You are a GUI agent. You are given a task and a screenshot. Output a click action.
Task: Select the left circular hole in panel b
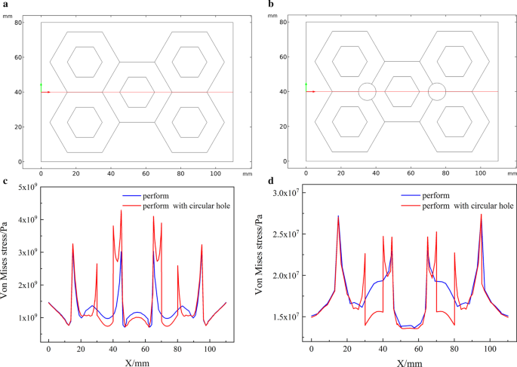(x=367, y=92)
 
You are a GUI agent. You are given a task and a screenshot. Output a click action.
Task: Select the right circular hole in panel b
(x=436, y=92)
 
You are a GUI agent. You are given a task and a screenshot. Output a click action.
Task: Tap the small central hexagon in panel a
(x=137, y=92)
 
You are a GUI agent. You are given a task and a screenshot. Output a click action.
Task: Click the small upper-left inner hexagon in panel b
(x=349, y=61)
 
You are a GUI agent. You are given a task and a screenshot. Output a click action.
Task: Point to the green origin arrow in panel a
(x=41, y=87)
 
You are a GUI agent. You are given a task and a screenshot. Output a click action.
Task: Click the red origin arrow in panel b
(x=311, y=92)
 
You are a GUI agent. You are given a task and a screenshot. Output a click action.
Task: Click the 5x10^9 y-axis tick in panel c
(x=29, y=187)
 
